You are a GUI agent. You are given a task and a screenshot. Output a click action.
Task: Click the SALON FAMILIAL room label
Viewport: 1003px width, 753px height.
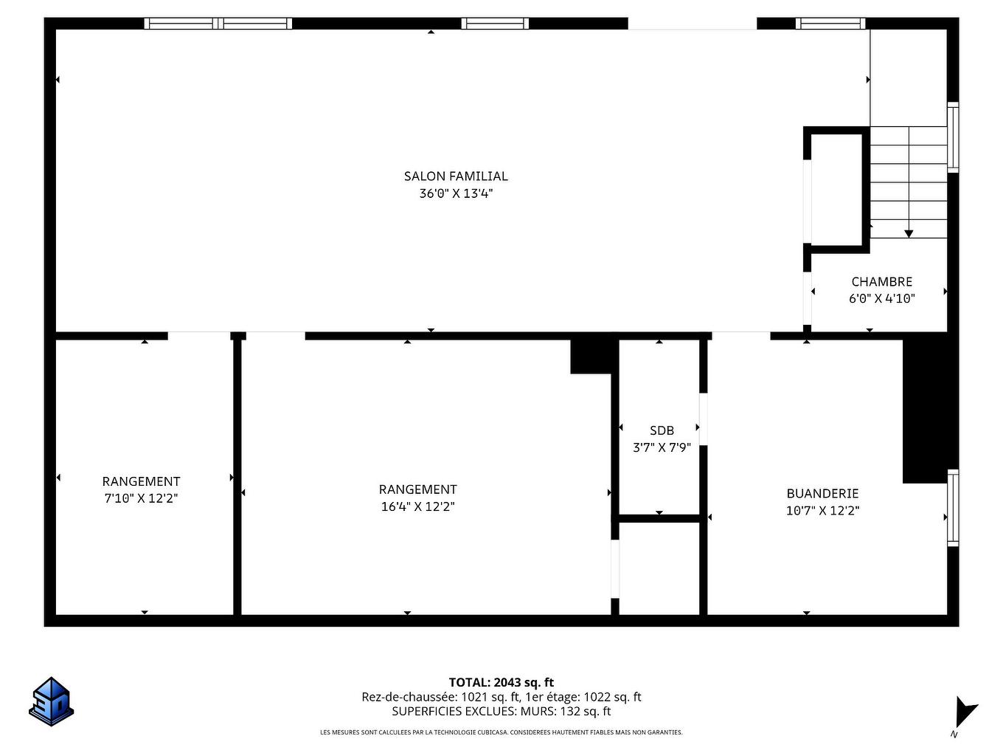[456, 176]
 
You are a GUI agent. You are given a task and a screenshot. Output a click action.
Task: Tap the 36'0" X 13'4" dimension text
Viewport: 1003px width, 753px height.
[456, 193]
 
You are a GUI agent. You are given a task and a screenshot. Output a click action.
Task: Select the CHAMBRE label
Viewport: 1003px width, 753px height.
[881, 281]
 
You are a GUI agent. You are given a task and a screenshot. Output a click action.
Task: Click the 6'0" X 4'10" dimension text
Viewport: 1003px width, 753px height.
[881, 298]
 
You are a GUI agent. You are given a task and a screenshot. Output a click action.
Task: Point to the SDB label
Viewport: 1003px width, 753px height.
[662, 430]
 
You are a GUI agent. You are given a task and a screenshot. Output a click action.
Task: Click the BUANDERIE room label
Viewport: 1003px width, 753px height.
[822, 493]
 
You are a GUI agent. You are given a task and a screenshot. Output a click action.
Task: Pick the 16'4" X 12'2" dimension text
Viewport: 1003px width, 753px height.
[417, 506]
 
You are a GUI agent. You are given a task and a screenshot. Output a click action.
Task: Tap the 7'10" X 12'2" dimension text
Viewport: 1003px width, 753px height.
[141, 498]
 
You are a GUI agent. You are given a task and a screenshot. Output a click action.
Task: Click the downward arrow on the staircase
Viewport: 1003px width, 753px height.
[909, 233]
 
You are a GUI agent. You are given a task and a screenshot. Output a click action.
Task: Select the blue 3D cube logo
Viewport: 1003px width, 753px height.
[52, 701]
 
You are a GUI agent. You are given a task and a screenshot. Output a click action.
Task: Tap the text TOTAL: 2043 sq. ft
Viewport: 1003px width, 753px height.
[501, 682]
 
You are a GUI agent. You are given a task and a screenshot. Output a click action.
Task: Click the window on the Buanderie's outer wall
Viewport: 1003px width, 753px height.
[953, 508]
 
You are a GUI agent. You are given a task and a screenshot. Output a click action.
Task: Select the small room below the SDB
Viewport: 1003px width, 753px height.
[659, 568]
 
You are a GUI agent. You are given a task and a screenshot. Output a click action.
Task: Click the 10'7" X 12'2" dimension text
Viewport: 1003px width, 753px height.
[822, 510]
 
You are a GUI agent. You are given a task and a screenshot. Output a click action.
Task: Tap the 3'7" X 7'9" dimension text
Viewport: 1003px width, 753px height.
[662, 447]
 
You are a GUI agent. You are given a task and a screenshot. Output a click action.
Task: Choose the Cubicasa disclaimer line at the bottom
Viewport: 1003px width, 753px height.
[501, 732]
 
